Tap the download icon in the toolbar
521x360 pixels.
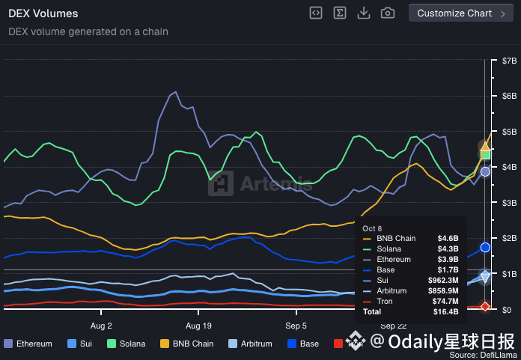[364, 13]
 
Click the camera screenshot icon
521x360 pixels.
[388, 13]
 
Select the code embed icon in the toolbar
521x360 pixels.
[316, 13]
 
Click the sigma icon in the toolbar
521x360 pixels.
[340, 13]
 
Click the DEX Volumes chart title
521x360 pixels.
[43, 13]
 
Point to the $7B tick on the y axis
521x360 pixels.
[509, 60]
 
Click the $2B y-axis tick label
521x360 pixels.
[509, 238]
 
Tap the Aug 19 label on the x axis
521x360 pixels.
[198, 326]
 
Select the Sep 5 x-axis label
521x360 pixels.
[296, 326]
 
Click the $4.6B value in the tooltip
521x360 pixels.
[448, 239]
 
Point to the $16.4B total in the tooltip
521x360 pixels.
[446, 311]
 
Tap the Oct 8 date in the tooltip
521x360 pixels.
[372, 228]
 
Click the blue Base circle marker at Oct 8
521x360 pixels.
[485, 247]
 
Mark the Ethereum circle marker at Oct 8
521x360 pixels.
[485, 171]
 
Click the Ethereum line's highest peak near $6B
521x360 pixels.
[175, 92]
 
